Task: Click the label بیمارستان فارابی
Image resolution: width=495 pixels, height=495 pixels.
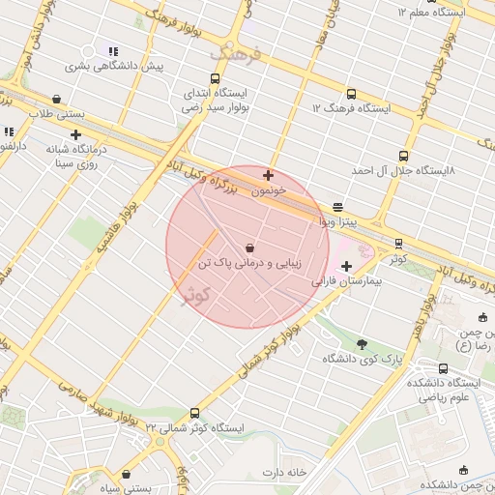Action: [347, 285]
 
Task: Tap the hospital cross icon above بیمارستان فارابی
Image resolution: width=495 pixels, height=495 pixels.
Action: [346, 266]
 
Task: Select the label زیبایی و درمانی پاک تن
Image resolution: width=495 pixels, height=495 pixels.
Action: [250, 263]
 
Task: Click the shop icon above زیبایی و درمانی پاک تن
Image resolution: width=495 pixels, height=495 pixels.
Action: [250, 247]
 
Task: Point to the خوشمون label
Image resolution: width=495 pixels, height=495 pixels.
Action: [269, 191]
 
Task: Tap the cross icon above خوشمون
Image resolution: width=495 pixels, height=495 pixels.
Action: [268, 176]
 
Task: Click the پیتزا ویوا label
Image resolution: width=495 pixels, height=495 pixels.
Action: [338, 222]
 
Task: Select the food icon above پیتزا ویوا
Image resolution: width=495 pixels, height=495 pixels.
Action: [337, 208]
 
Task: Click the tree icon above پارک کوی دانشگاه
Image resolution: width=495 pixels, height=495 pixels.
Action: [362, 343]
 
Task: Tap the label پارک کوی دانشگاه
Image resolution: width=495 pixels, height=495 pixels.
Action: [362, 359]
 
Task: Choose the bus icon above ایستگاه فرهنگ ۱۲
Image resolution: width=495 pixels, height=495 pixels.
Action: [350, 95]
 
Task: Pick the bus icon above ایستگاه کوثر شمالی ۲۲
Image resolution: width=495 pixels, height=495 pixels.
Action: [196, 413]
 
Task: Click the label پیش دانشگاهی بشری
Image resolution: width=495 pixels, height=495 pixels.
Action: [114, 67]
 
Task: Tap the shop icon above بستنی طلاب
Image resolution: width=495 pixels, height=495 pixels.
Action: [57, 99]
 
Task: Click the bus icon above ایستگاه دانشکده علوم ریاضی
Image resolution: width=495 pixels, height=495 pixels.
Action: [443, 368]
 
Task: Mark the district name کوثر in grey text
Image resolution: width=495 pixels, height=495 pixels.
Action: [183, 293]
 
